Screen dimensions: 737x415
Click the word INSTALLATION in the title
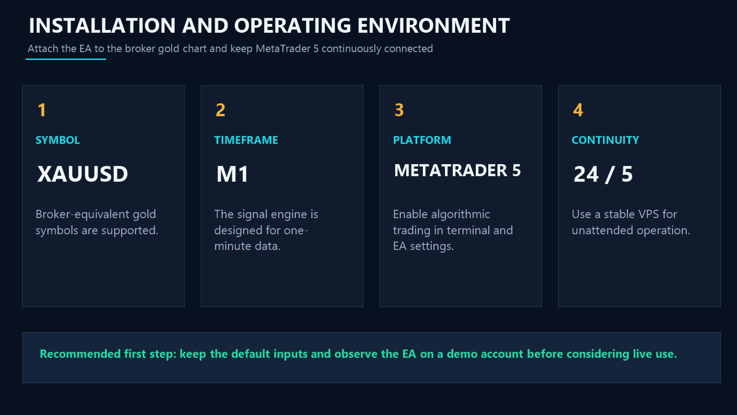tap(102, 26)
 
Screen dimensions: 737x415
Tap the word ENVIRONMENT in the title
tap(433, 26)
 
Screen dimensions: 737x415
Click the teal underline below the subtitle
tap(66, 59)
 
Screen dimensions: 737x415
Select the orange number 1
tap(42, 110)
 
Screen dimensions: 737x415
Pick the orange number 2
tap(221, 110)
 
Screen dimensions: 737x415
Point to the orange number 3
tap(399, 110)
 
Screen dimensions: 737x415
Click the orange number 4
tap(578, 110)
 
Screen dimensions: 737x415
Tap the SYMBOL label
tap(58, 140)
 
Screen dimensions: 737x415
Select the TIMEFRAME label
tap(246, 140)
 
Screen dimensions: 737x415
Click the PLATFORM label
tap(422, 140)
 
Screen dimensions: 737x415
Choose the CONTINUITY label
tap(605, 140)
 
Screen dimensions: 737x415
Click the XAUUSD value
tap(82, 174)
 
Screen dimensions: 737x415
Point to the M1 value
tap(232, 174)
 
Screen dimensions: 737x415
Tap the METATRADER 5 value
tap(457, 171)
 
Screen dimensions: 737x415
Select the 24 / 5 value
tap(603, 174)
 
